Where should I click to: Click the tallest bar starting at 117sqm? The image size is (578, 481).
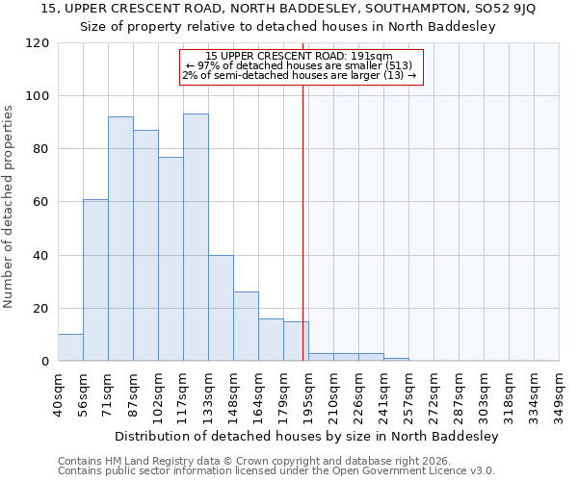click(196, 238)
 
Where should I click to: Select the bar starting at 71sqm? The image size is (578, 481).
click(120, 239)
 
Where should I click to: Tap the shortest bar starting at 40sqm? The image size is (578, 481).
click(70, 347)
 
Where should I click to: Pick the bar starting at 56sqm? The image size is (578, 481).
click(95, 280)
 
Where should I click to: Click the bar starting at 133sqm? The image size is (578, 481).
click(221, 308)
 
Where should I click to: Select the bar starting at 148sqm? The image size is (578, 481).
click(246, 326)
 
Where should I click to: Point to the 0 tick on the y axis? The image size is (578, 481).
click(44, 362)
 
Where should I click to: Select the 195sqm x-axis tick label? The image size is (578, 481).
click(308, 394)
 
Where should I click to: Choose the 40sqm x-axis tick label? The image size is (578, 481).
click(58, 394)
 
